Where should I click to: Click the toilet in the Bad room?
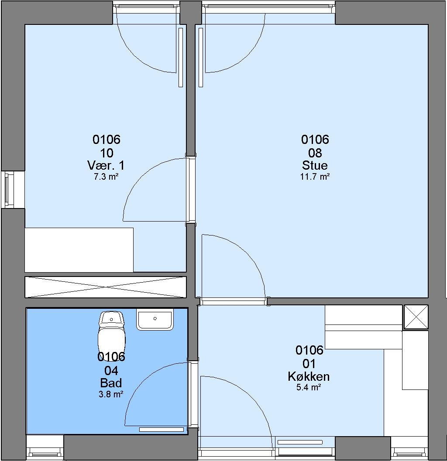[111, 332]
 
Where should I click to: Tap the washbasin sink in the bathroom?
[155, 319]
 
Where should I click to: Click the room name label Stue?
[315, 165]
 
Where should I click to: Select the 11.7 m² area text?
[315, 177]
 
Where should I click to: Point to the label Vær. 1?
[106, 165]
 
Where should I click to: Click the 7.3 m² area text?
[106, 177]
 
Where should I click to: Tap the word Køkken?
[309, 376]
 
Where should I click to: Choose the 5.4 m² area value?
[309, 387]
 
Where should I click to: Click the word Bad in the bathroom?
[111, 383]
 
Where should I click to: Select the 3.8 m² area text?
[111, 394]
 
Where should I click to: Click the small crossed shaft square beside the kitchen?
[416, 317]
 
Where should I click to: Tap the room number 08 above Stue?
[315, 153]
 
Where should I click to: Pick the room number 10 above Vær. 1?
[107, 153]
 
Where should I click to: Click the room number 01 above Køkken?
[309, 364]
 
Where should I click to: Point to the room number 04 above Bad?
[111, 371]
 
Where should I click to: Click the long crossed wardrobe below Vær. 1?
[105, 287]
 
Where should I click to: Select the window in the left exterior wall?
[9, 190]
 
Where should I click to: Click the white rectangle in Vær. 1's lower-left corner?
[79, 250]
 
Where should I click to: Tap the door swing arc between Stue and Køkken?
[251, 256]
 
